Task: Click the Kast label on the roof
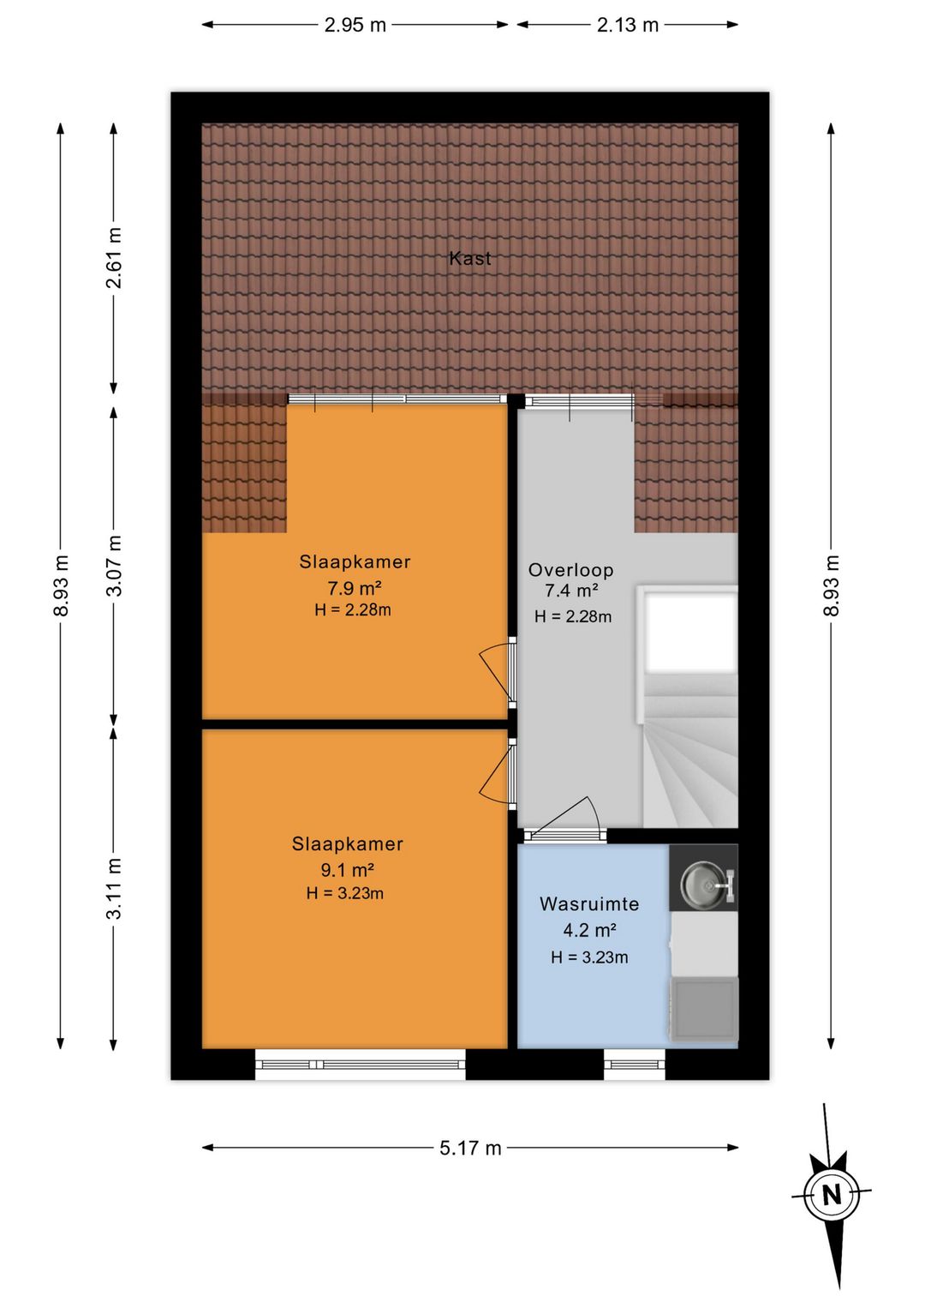pos(470,258)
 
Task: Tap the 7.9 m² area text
pos(355,587)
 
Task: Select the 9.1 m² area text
pos(347,870)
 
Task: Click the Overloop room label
pos(570,570)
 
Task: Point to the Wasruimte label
pos(589,904)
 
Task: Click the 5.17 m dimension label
pos(470,1148)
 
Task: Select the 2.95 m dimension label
pos(355,25)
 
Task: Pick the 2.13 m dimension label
pos(627,25)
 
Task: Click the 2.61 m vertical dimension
pos(114,258)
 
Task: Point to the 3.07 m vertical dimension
pos(114,565)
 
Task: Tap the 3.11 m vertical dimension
pos(114,889)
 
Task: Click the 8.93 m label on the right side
pos(831,585)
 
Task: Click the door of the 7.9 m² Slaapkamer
pos(498,671)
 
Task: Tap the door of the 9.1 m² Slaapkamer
pos(498,774)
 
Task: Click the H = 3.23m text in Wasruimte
pos(589,957)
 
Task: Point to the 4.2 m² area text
pos(589,930)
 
